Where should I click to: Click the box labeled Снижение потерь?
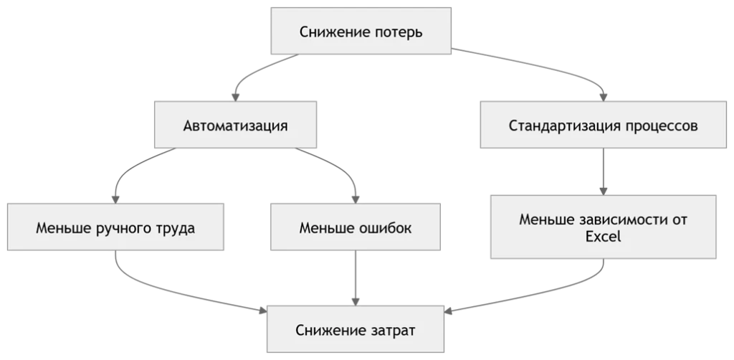click(x=361, y=31)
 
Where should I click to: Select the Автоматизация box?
click(x=235, y=125)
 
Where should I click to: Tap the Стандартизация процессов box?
click(x=604, y=125)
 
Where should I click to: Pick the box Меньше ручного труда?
click(x=115, y=227)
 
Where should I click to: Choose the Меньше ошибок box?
click(x=356, y=227)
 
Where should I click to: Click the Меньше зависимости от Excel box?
click(x=604, y=227)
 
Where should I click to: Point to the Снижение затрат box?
click(x=356, y=329)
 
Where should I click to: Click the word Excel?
click(x=604, y=237)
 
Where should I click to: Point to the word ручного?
click(x=124, y=229)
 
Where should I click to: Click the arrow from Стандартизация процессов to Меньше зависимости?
click(x=604, y=172)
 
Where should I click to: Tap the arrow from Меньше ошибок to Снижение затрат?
click(x=356, y=278)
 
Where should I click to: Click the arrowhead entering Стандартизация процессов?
click(x=604, y=98)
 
